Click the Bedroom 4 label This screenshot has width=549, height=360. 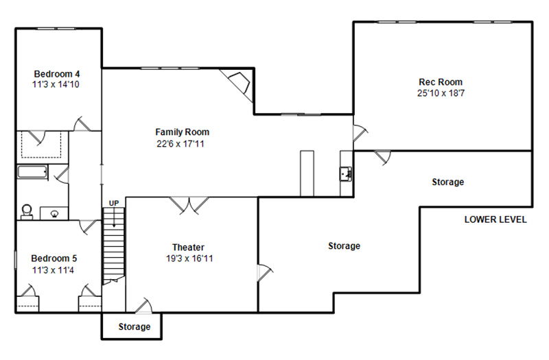[57, 74]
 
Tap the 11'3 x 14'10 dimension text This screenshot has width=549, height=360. [56, 84]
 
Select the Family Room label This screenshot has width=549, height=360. [182, 132]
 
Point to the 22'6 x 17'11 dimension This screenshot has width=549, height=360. [180, 143]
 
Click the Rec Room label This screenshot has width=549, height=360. [441, 82]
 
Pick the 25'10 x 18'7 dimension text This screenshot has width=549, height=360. [441, 93]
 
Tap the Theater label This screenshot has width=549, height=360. [188, 248]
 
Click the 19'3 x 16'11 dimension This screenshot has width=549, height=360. [189, 259]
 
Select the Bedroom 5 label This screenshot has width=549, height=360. [54, 259]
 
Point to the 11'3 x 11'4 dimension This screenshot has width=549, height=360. [54, 270]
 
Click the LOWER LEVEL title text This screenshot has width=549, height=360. [495, 219]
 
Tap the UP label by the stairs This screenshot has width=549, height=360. [114, 203]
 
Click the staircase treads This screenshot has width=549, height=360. [113, 244]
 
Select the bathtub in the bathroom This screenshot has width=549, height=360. [32, 172]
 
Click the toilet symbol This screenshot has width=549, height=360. [27, 212]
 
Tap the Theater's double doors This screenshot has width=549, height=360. [189, 205]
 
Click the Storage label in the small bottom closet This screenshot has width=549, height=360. [135, 326]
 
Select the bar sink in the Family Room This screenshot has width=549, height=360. [346, 174]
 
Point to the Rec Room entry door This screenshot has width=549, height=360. [360, 133]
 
